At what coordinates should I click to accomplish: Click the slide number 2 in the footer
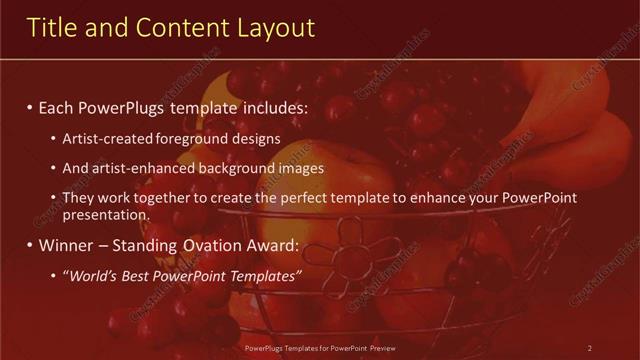click(x=590, y=348)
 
